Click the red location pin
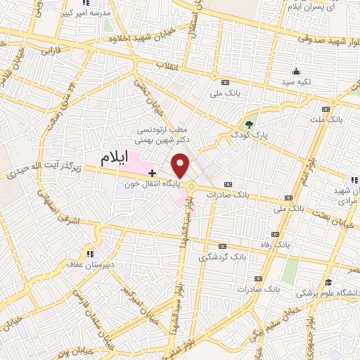coord(181,166)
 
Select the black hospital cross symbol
coord(152,172)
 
